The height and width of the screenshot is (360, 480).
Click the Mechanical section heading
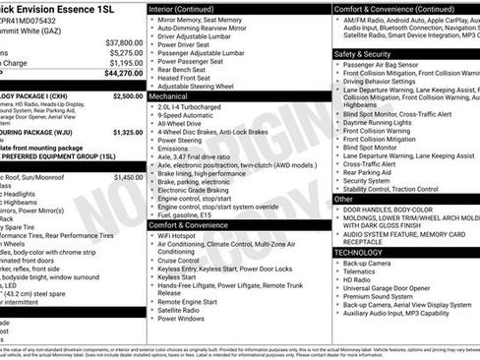pyautogui.click(x=168, y=97)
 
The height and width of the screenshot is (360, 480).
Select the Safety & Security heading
pyautogui.click(x=362, y=53)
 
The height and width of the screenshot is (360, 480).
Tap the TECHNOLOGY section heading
pyautogui.click(x=358, y=253)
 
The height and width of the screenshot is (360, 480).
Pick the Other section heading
pyautogui.click(x=343, y=198)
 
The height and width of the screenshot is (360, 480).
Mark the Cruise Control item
pyautogui.click(x=183, y=260)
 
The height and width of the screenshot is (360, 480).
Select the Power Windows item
pyautogui.click(x=181, y=319)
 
